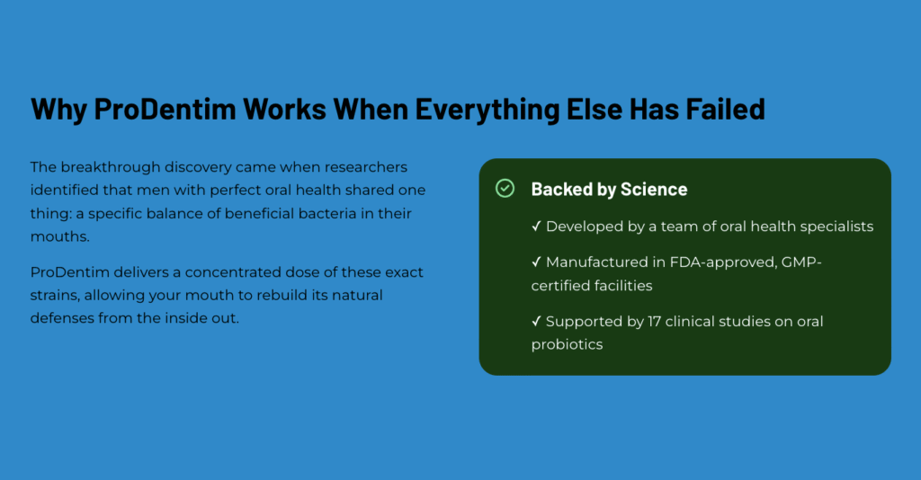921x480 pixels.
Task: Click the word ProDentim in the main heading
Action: (165, 109)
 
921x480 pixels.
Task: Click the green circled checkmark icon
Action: (505, 189)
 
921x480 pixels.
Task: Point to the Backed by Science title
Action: (609, 189)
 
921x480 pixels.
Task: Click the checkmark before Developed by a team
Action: (536, 226)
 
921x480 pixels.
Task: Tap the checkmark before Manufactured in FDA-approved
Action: (536, 262)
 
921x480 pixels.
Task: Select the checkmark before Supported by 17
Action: (536, 321)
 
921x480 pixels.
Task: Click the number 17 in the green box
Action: (655, 321)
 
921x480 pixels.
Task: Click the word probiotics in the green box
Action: (567, 345)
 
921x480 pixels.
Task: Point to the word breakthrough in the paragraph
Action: (111, 167)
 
